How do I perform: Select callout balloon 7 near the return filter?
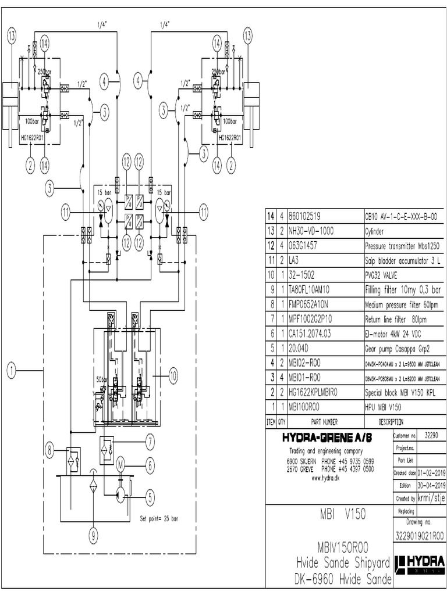tap(150, 442)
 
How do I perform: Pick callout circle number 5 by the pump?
tap(150, 497)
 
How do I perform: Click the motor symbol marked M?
tap(121, 463)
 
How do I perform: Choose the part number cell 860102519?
tap(307, 216)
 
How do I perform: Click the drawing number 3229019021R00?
tap(419, 535)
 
